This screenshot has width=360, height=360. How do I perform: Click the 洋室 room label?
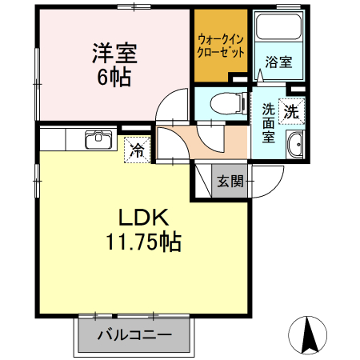(114, 54)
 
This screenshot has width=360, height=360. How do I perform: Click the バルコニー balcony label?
(134, 335)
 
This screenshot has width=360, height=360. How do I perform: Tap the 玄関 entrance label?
(230, 181)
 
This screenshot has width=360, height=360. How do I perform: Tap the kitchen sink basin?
(100, 141)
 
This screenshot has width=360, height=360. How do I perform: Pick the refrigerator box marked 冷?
(137, 150)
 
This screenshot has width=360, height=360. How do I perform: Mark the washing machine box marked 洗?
(293, 112)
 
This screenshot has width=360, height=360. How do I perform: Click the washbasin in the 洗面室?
(295, 146)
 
